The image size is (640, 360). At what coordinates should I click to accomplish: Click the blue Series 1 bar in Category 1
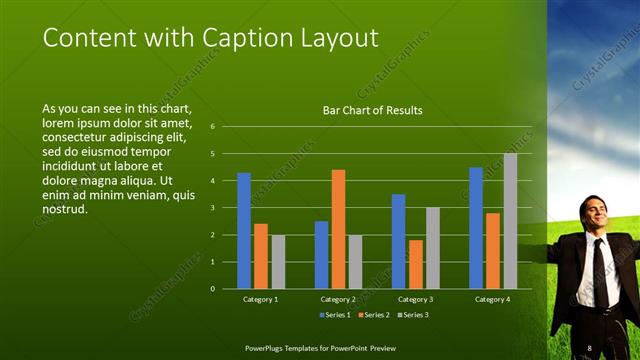tap(244, 231)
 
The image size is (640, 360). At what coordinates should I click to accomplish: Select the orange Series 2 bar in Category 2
tap(338, 229)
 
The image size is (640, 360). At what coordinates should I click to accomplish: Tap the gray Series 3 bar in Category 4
tap(510, 221)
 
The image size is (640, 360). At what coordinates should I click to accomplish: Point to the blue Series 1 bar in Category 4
tap(476, 228)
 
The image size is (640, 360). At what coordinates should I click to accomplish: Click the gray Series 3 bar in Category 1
tap(278, 262)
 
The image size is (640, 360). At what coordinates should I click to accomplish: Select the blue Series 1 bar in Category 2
tap(321, 255)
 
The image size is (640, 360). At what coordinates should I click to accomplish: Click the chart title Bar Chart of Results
tap(372, 110)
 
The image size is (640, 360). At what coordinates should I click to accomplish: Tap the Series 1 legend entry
tap(335, 315)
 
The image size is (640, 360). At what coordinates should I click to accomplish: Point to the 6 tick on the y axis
tap(213, 127)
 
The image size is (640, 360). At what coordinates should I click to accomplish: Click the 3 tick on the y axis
tap(213, 208)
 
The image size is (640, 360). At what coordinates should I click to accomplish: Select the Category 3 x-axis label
tap(415, 299)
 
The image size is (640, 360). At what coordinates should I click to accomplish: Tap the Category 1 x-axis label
tap(261, 299)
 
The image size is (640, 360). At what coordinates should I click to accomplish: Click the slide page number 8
tap(589, 347)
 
